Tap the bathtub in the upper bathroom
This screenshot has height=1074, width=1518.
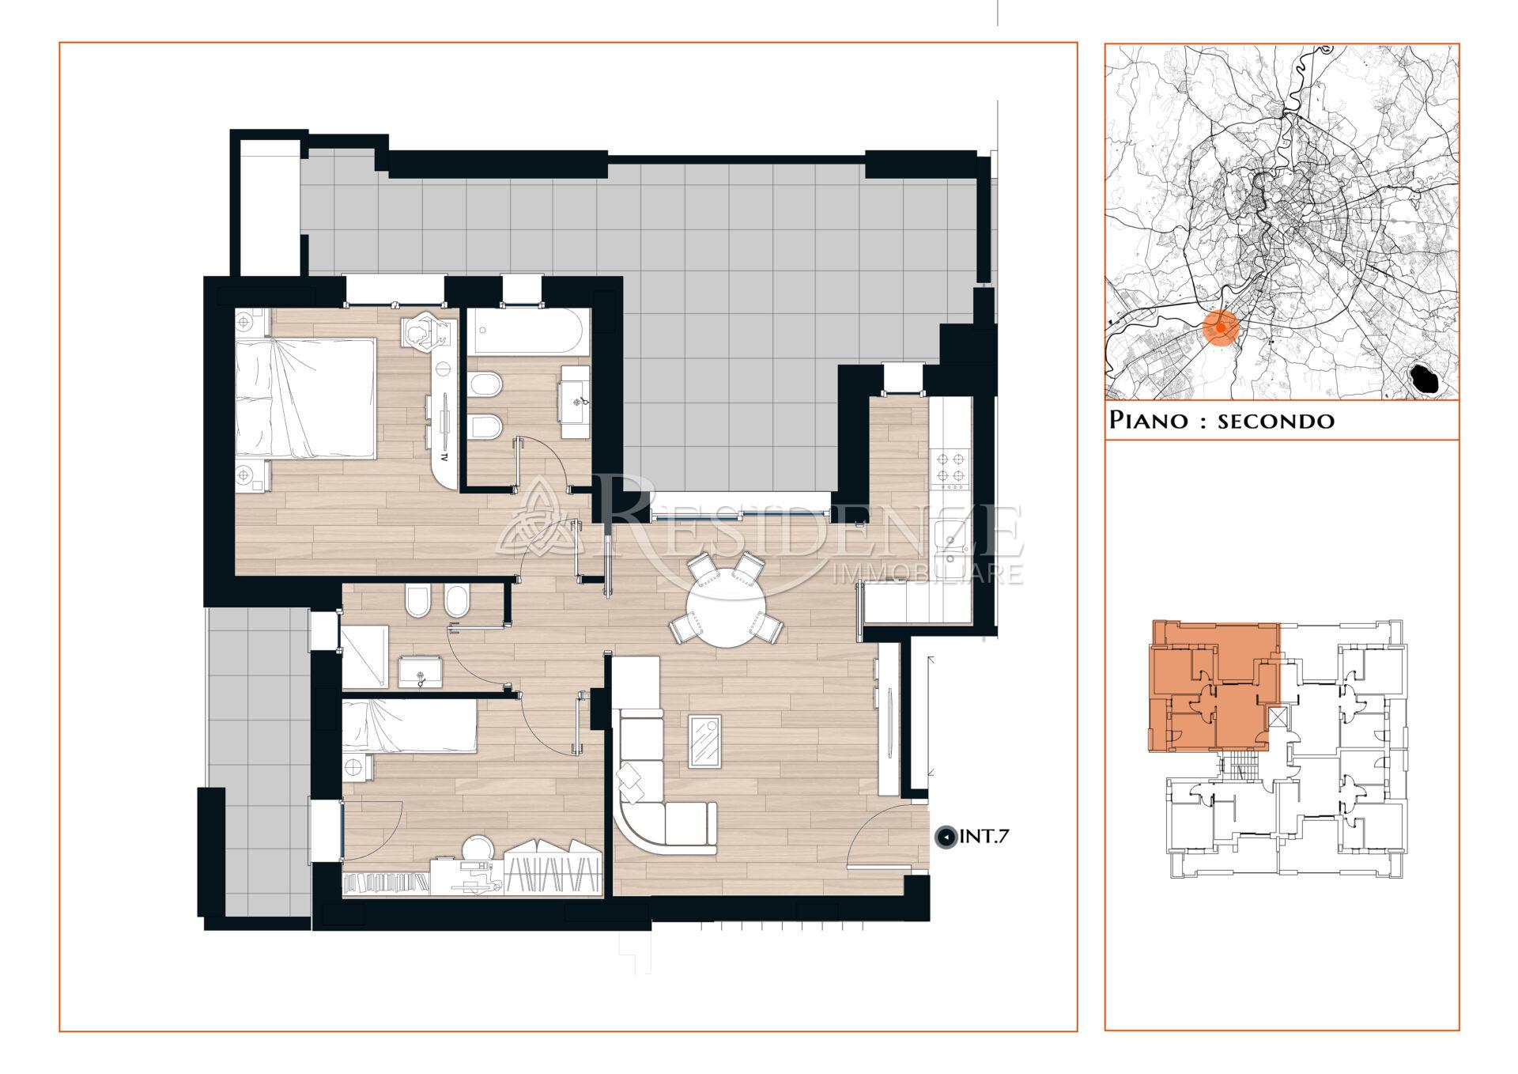527,331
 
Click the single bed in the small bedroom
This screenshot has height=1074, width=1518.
410,728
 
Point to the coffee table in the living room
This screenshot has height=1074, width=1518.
704,740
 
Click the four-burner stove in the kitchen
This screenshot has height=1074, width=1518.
950,465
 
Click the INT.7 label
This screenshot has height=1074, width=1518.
984,836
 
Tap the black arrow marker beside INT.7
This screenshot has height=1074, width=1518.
945,837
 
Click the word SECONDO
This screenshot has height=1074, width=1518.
1276,421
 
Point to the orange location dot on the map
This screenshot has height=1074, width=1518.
1221,327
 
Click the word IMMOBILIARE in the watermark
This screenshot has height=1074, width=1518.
929,574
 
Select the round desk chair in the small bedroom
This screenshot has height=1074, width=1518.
478,849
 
